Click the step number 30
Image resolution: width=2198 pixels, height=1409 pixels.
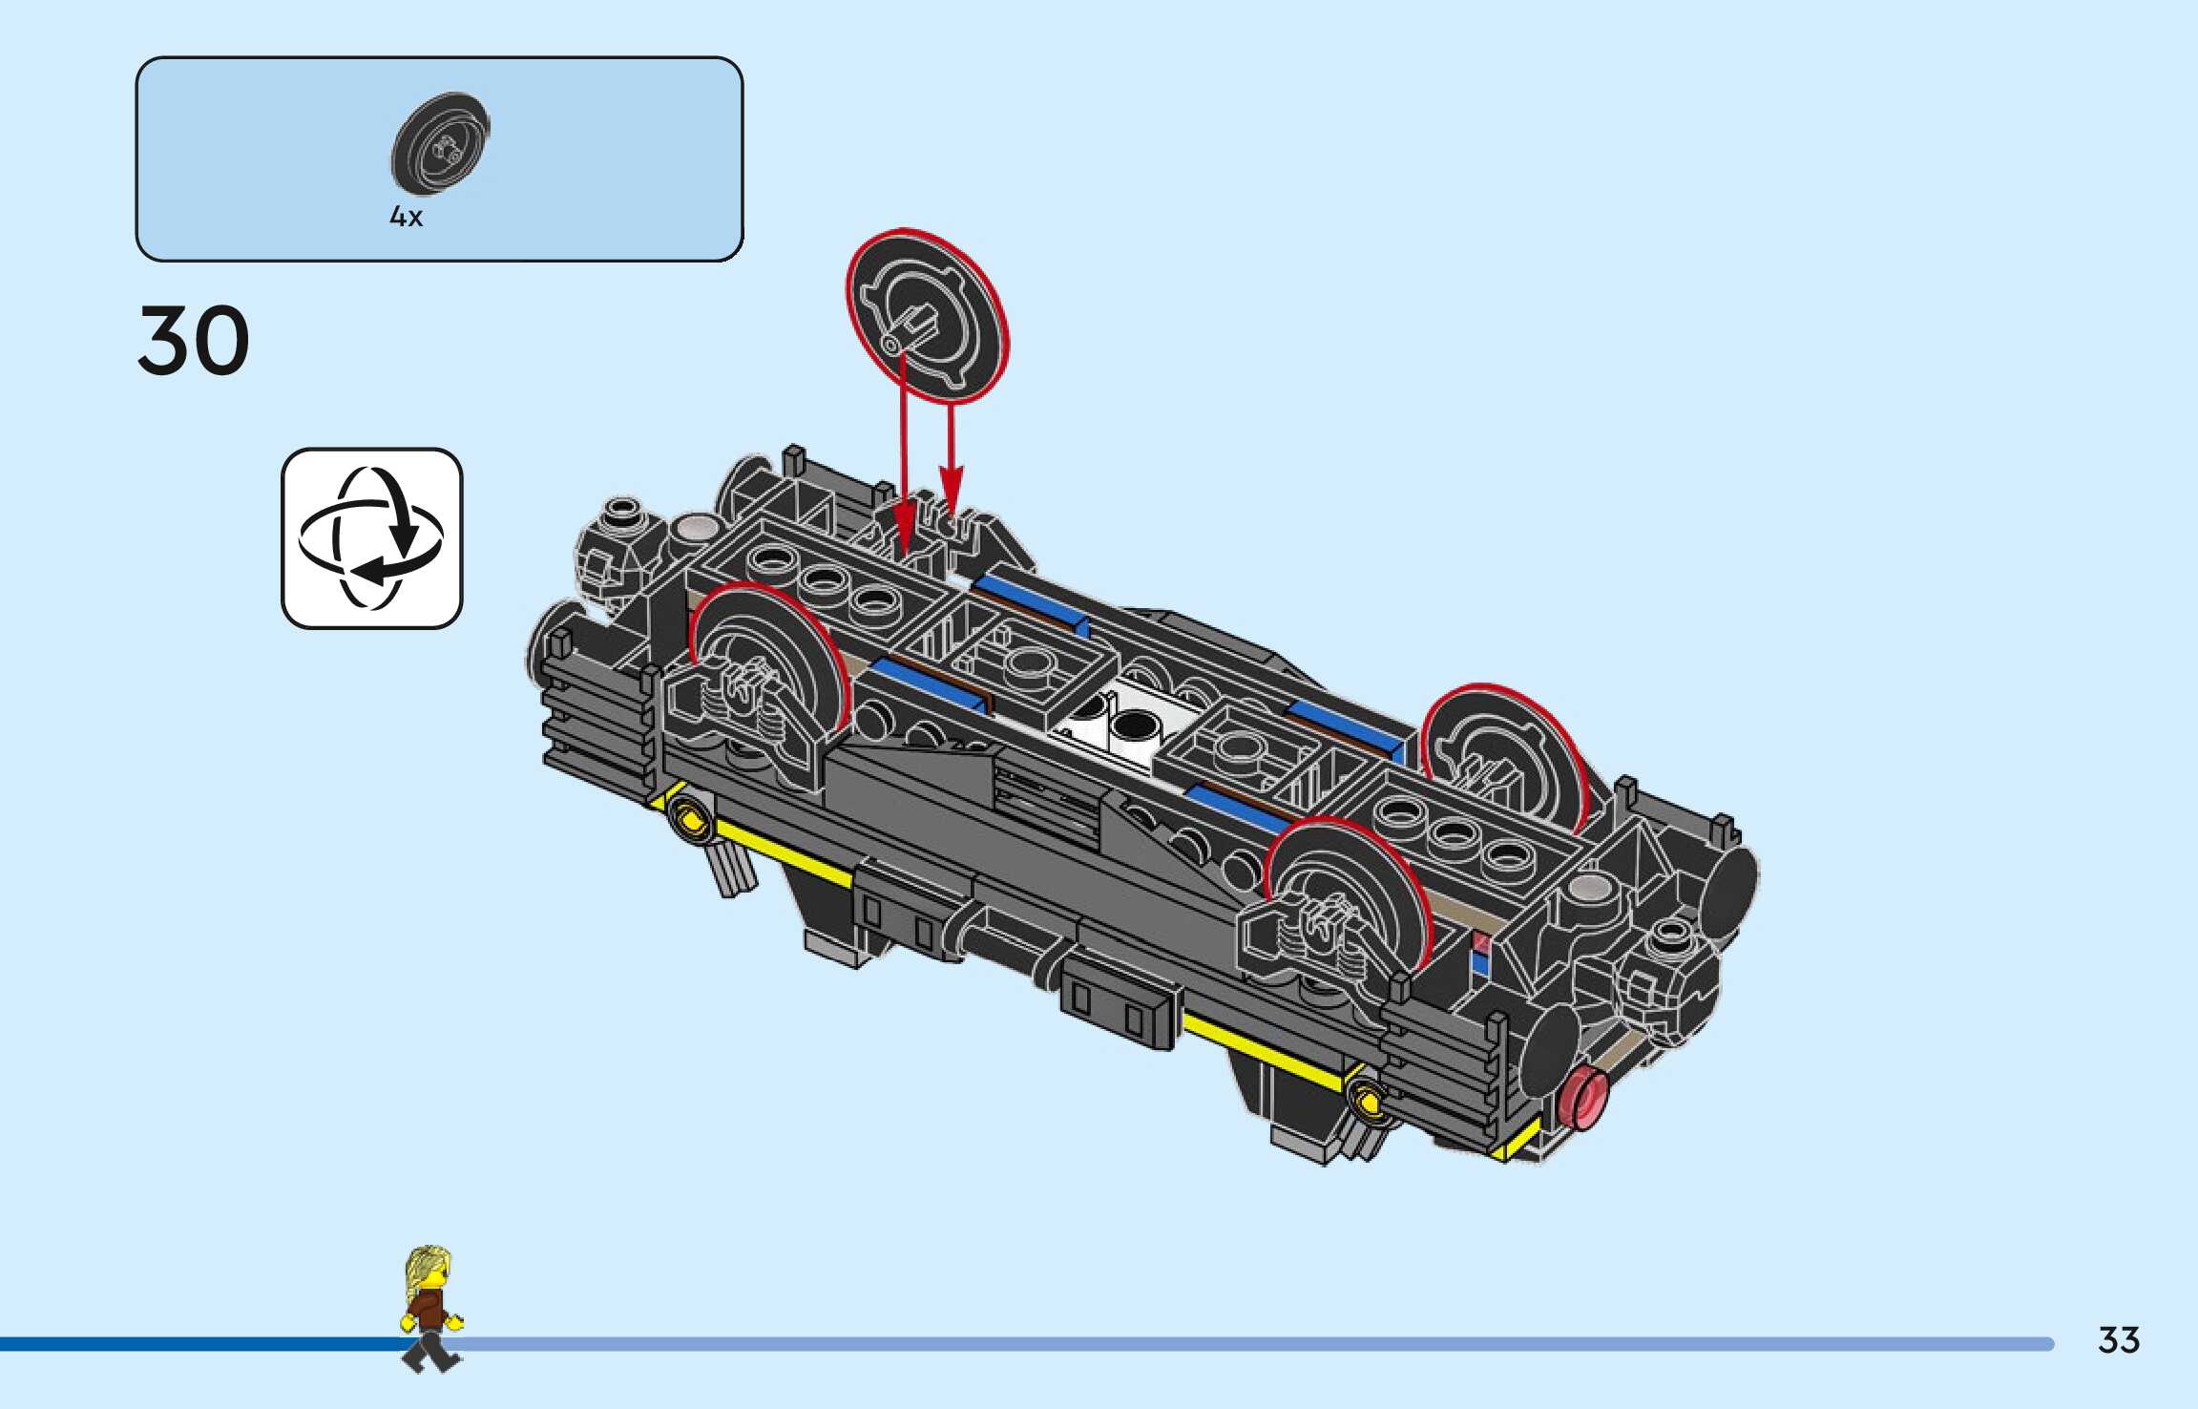[x=194, y=340]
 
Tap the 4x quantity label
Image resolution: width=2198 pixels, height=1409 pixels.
[x=406, y=217]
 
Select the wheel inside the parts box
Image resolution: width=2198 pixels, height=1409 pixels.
[x=440, y=144]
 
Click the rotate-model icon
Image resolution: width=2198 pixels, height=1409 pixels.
[x=371, y=538]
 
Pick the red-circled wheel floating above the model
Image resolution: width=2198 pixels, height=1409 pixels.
[x=927, y=315]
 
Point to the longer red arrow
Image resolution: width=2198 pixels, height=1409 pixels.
[x=901, y=449]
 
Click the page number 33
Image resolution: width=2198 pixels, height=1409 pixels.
[x=2119, y=1340]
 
